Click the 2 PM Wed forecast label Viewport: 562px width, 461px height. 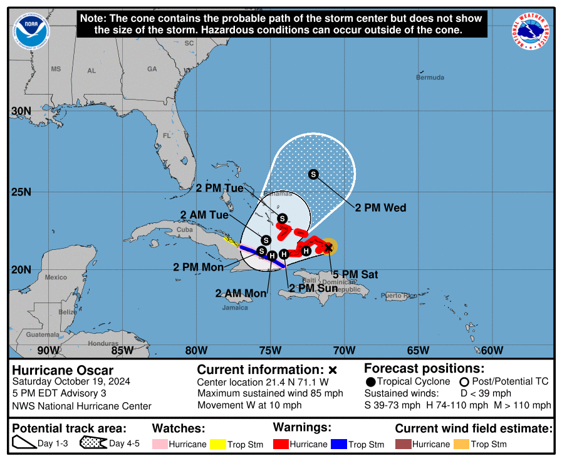tap(380, 208)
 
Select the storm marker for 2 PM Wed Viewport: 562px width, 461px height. tap(313, 174)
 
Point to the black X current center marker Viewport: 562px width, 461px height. tap(328, 248)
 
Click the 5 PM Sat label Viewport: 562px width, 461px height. tap(355, 274)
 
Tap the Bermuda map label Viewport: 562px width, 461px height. tap(430, 78)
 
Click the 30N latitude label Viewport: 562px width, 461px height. tap(21, 111)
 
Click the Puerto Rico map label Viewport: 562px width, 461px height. tap(398, 295)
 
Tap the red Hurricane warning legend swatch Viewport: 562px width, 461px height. tap(281, 444)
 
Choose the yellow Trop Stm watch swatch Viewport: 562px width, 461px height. tap(218, 444)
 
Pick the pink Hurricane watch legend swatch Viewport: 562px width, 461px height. tap(160, 444)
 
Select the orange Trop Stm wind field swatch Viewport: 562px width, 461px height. tap(462, 444)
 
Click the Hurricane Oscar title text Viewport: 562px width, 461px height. tap(63, 370)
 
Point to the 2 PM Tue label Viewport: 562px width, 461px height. tap(219, 187)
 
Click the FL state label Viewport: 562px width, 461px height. tap(167, 135)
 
